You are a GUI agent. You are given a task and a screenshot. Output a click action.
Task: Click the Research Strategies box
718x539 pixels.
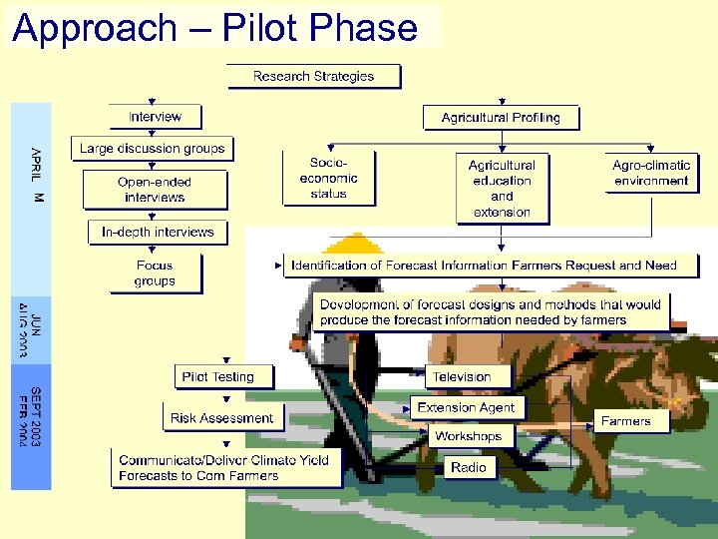pyautogui.click(x=313, y=76)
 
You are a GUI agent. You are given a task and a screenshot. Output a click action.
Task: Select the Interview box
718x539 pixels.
pyautogui.click(x=155, y=117)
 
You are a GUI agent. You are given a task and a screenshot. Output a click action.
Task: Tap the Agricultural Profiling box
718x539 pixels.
pyautogui.click(x=501, y=118)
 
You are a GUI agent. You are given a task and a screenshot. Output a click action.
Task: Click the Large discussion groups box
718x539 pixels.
pyautogui.click(x=153, y=149)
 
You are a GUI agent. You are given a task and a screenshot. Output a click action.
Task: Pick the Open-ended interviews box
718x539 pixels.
pyautogui.click(x=155, y=190)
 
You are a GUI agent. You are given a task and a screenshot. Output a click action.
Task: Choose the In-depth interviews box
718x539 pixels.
pyautogui.click(x=158, y=232)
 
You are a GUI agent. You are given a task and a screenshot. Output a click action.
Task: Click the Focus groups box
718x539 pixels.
pyautogui.click(x=155, y=273)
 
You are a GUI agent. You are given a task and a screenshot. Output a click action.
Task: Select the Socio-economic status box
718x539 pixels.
pyautogui.click(x=328, y=178)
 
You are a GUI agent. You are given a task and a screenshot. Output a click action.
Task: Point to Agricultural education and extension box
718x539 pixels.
pyautogui.click(x=502, y=188)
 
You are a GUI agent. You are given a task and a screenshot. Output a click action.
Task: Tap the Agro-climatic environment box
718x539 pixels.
pyautogui.click(x=651, y=173)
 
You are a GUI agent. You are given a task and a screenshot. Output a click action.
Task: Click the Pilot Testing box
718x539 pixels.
pyautogui.click(x=217, y=376)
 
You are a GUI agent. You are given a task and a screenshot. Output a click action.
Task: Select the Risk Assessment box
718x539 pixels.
pyautogui.click(x=221, y=417)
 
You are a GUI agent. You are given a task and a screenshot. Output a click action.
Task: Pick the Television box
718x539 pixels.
pyautogui.click(x=461, y=376)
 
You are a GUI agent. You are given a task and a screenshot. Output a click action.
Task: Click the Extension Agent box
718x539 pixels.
pyautogui.click(x=466, y=407)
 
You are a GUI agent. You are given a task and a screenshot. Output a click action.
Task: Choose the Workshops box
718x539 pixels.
pyautogui.click(x=468, y=436)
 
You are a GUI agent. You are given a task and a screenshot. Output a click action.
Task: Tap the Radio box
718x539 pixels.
pyautogui.click(x=468, y=467)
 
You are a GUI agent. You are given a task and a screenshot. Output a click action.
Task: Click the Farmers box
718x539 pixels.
pyautogui.click(x=625, y=421)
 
